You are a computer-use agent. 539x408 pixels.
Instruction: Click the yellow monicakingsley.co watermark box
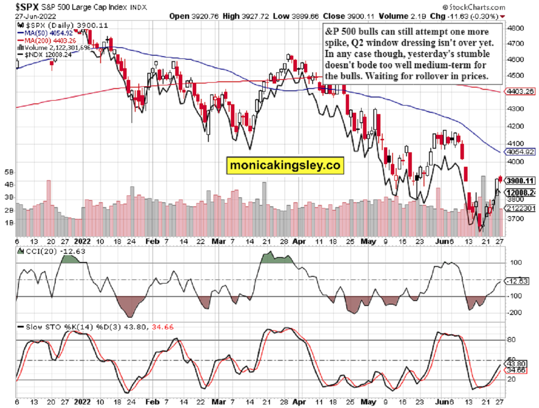[x=284, y=165]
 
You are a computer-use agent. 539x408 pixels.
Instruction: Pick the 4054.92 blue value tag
[x=520, y=152]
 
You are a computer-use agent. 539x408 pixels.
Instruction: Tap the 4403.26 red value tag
[x=520, y=91]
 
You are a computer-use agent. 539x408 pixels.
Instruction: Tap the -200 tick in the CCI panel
[x=512, y=313]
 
